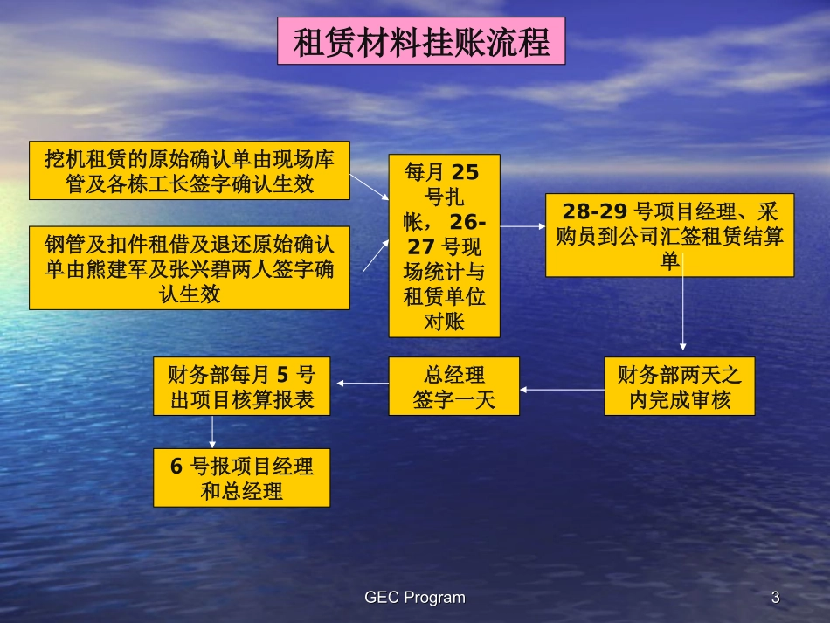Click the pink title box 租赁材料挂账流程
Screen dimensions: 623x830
421,42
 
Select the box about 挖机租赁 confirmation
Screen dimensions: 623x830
190,170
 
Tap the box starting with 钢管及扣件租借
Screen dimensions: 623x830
190,267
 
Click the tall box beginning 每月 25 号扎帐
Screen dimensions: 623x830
444,246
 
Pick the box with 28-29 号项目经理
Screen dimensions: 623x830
670,235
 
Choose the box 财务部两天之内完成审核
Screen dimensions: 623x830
679,386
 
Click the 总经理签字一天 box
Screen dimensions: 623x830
453,386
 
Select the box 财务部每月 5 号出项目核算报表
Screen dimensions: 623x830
241,386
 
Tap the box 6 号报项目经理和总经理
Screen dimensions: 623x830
241,478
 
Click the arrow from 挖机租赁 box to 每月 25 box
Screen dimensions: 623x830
370,185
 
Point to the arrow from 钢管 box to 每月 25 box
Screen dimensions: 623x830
370,253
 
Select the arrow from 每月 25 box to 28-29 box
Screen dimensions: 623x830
522,226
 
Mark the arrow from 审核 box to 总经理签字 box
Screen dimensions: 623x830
562,389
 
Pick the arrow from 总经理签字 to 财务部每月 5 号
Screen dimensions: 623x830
363,383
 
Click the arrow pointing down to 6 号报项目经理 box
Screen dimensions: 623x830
212,432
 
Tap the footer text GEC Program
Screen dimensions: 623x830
415,598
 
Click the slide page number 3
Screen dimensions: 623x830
775,598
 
